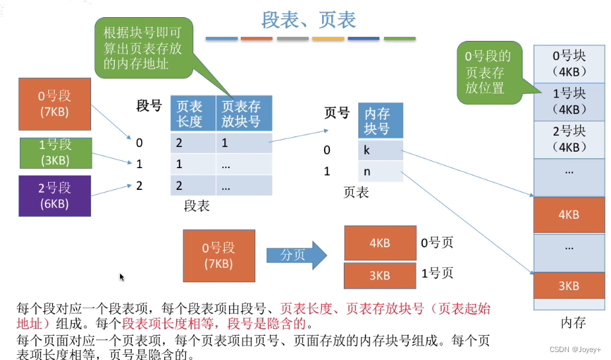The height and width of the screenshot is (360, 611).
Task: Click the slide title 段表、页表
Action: (308, 20)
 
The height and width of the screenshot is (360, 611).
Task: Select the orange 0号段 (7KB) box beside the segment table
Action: (54, 104)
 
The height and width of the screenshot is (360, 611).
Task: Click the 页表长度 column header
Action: (193, 113)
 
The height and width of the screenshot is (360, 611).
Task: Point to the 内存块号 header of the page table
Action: (380, 119)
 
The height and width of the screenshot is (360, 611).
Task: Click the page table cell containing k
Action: (380, 150)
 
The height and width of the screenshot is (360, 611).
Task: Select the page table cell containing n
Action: (380, 172)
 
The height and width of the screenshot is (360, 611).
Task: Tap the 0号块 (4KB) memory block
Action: (568, 64)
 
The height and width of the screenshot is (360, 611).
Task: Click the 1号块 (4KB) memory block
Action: (568, 102)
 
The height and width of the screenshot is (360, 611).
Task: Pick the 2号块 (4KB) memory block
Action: (568, 138)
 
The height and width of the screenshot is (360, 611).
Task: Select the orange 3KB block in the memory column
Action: (568, 285)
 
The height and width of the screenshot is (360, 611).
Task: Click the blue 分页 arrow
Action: (296, 255)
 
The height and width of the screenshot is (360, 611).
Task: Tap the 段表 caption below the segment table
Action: (196, 206)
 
